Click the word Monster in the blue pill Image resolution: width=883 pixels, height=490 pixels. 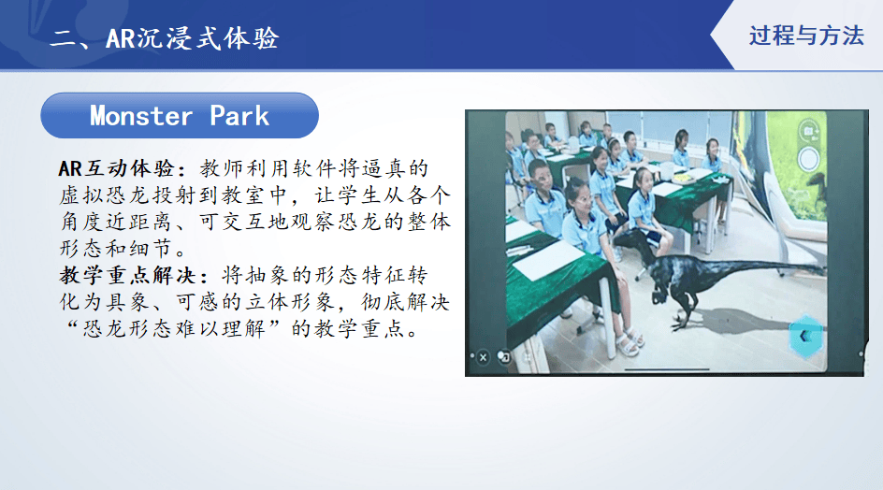[x=141, y=116]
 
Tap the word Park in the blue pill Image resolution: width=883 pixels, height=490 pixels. [x=239, y=116]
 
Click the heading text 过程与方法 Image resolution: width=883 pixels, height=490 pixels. [x=806, y=36]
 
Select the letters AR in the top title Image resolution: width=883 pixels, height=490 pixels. [x=121, y=39]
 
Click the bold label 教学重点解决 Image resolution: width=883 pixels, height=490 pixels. [x=127, y=276]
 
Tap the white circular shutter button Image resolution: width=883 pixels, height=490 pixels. [x=809, y=159]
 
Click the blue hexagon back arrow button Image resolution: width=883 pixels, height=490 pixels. [x=806, y=337]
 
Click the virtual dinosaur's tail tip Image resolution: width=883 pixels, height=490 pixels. [x=823, y=269]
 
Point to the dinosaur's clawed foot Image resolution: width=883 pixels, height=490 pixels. [x=678, y=324]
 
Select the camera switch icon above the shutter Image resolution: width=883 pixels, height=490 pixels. [x=809, y=131]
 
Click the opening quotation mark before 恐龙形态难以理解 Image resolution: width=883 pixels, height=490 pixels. [x=71, y=325]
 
